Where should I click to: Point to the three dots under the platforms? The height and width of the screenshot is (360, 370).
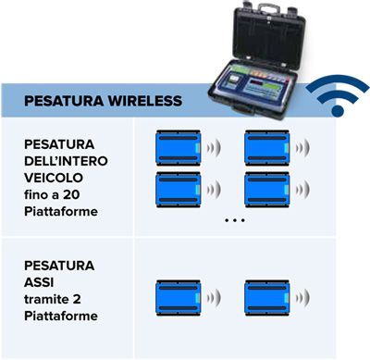234,221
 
